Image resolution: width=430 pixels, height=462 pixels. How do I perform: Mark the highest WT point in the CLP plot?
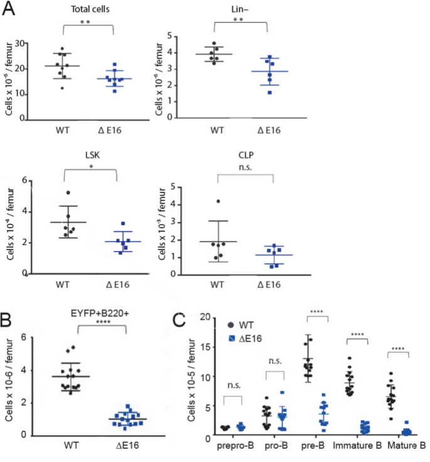218,201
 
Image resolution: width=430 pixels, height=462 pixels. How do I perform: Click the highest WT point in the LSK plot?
68,193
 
